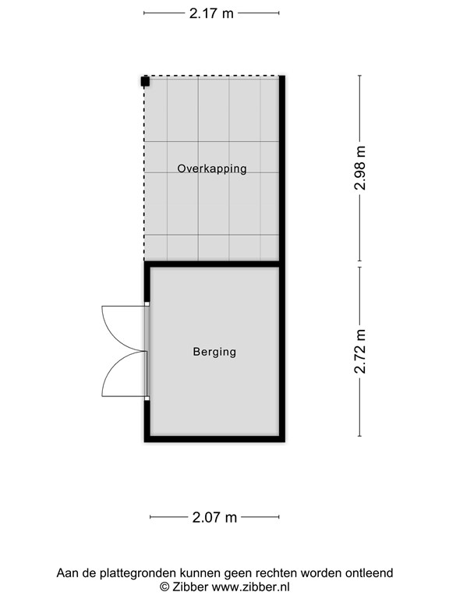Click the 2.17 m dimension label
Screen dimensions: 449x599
pos(211,13)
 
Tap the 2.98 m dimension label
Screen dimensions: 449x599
pos(360,168)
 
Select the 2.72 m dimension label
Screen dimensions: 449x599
pos(360,351)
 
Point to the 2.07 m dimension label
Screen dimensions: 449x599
pos(214,517)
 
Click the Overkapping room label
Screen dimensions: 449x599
pos(212,168)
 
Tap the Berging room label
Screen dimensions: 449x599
pos(214,352)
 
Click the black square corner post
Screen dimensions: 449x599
pos(145,81)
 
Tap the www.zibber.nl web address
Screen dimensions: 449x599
pos(250,587)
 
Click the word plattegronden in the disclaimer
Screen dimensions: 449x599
pos(139,573)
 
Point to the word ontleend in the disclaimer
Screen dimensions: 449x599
pos(369,573)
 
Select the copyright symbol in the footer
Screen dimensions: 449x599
pos(164,587)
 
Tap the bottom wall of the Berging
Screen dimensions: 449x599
pos(214,439)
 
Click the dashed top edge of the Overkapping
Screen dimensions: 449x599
pos(212,76)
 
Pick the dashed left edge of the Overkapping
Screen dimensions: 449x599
pos(144,168)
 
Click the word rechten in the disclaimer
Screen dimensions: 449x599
pos(276,573)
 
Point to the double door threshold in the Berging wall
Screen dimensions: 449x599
pos(147,351)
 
